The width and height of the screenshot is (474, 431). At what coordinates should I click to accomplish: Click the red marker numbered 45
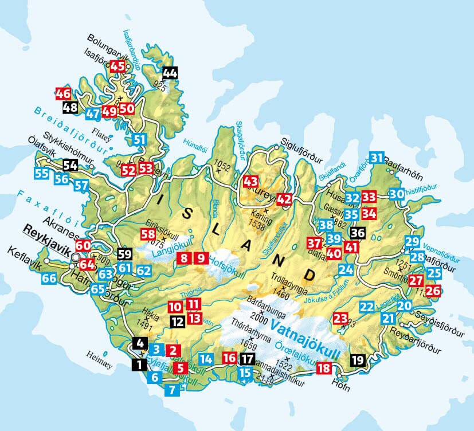[x=117, y=66]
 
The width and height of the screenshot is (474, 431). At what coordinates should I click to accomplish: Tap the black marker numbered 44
[x=170, y=73]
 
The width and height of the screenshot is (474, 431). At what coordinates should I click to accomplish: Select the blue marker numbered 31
[x=377, y=158]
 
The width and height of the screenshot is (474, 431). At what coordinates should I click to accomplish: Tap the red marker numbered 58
[x=148, y=234]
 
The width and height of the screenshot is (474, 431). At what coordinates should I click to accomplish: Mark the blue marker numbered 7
[x=171, y=391]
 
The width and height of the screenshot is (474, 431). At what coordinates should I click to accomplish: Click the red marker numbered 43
[x=251, y=181]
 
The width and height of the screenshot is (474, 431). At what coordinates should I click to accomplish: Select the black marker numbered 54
[x=70, y=166]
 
